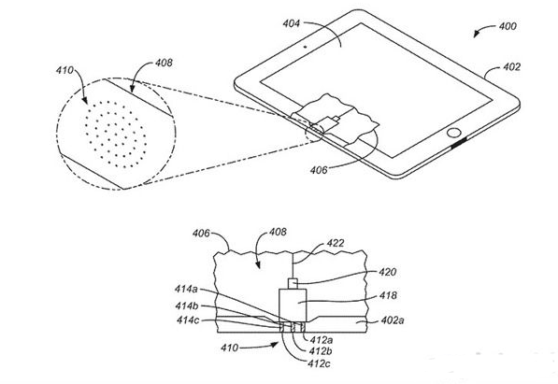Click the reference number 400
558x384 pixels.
click(x=508, y=26)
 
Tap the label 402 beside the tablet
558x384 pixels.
click(x=511, y=67)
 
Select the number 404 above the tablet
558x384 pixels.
click(x=292, y=24)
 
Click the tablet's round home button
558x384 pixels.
click(x=453, y=133)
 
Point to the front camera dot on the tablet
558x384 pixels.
click(x=306, y=47)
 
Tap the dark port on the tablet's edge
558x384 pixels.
click(x=459, y=144)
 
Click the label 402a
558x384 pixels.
click(x=393, y=320)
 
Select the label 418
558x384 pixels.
click(x=388, y=295)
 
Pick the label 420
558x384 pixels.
click(x=387, y=272)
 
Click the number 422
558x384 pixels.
click(x=336, y=243)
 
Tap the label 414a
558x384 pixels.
click(x=186, y=289)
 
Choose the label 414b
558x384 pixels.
click(x=187, y=306)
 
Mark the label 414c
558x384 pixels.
click(x=188, y=320)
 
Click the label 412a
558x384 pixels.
click(x=322, y=340)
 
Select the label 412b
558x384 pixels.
click(x=321, y=351)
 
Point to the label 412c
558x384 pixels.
click(x=320, y=363)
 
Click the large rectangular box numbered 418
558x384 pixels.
click(x=293, y=305)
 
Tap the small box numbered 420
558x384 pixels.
click(x=293, y=284)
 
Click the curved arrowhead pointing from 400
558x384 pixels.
click(x=477, y=35)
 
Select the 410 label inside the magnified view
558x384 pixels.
click(x=64, y=70)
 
